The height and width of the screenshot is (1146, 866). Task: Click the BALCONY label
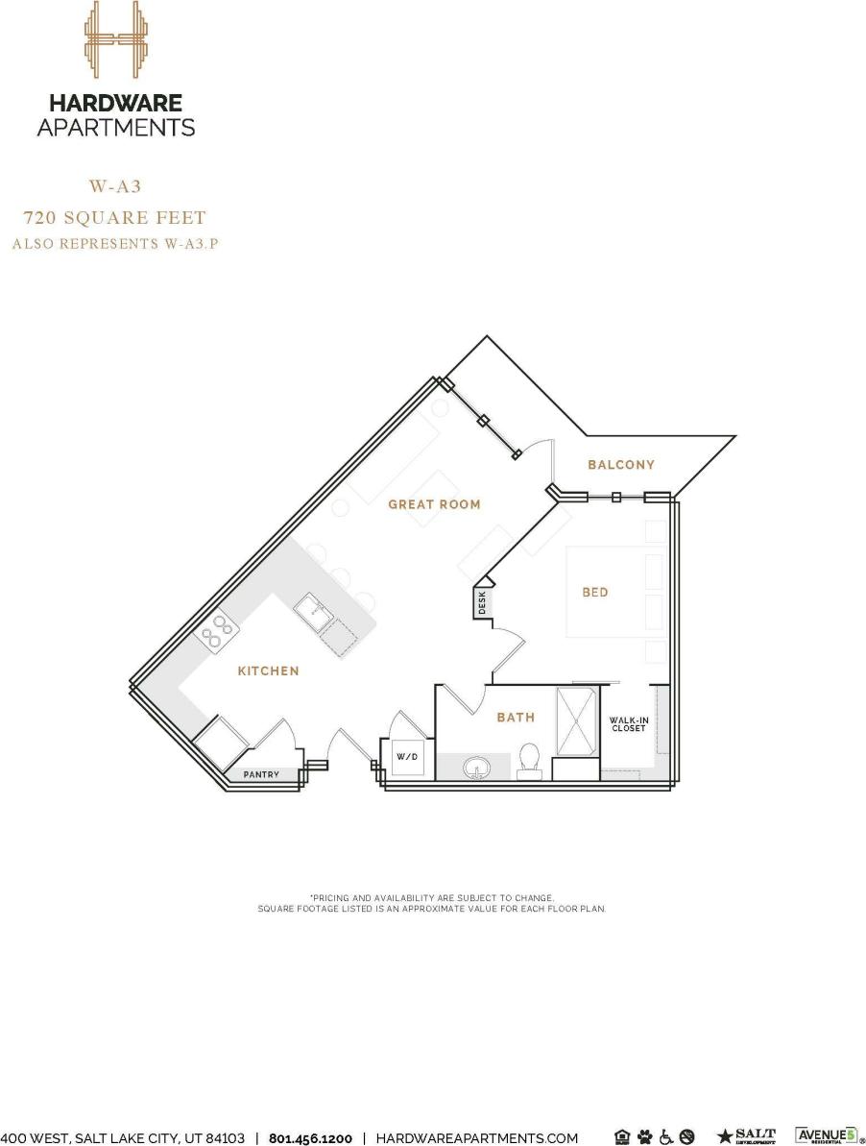click(x=621, y=465)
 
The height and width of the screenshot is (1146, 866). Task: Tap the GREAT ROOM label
click(x=434, y=504)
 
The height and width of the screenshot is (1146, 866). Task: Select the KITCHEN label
click(x=268, y=671)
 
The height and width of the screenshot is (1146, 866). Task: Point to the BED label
click(x=595, y=593)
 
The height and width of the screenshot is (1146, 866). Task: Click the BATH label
click(x=516, y=718)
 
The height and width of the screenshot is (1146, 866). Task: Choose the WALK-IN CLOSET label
click(x=629, y=724)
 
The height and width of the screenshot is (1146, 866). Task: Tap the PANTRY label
click(x=261, y=774)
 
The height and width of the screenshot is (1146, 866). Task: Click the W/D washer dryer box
click(x=408, y=758)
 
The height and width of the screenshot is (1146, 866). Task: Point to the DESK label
click(x=482, y=603)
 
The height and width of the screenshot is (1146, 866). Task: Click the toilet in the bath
click(x=528, y=760)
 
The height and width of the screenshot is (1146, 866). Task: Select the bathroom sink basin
click(x=476, y=768)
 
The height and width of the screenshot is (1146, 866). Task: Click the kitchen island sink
click(x=311, y=611)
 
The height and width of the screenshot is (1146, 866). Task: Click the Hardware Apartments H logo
click(x=115, y=39)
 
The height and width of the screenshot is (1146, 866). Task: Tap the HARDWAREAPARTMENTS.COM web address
click(x=477, y=1138)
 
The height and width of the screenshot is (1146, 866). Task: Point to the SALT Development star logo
click(x=747, y=1137)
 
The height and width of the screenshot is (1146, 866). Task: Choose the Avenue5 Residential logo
click(x=825, y=1136)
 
